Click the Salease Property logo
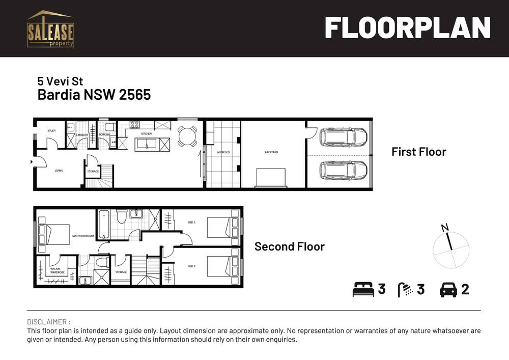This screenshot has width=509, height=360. tap(50, 29)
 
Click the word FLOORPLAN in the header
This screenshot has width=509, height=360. tap(407, 28)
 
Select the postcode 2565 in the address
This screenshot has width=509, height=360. tap(135, 95)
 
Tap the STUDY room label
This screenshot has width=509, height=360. tap(51, 131)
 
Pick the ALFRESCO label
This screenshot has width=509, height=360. tap(222, 152)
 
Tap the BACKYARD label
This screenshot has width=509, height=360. tap(272, 152)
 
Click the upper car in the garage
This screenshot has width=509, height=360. tap(343, 136)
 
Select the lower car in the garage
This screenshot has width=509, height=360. tap(343, 170)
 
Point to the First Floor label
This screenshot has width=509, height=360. tap(418, 152)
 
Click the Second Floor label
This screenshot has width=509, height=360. tap(289, 246)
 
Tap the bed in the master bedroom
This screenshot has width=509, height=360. tap(53, 234)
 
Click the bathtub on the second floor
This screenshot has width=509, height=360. tap(103, 225)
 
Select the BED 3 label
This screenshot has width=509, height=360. tap(192, 223)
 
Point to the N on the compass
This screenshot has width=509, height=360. tap(445, 228)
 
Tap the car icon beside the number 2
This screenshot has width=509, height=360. tap(448, 290)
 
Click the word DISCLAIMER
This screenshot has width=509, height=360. tap(47, 322)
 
